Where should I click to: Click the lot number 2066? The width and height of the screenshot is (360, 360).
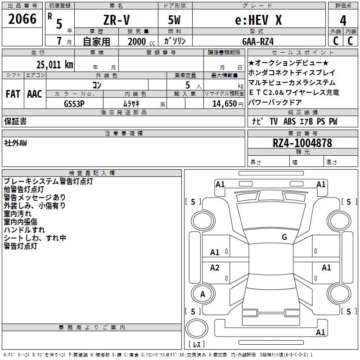[22, 19]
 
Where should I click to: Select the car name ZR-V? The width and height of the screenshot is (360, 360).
[116, 21]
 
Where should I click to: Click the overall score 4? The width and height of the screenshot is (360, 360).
[343, 20]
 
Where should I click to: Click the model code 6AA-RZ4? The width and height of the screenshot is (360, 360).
[258, 41]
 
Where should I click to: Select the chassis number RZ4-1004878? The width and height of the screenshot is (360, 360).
[302, 144]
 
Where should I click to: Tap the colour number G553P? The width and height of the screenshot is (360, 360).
[74, 103]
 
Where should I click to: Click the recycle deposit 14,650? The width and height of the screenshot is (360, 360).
[223, 103]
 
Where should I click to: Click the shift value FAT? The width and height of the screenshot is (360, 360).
[13, 94]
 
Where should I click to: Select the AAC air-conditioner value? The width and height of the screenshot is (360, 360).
[35, 94]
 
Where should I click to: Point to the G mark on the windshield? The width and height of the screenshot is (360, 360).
[284, 237]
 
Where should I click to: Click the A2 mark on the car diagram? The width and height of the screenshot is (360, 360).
[215, 268]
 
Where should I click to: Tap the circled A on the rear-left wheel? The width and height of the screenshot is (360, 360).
[202, 294]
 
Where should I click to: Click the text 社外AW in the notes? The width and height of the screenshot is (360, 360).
[16, 143]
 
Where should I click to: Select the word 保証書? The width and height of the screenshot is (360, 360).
[15, 121]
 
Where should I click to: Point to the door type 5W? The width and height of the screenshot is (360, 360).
[175, 21]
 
